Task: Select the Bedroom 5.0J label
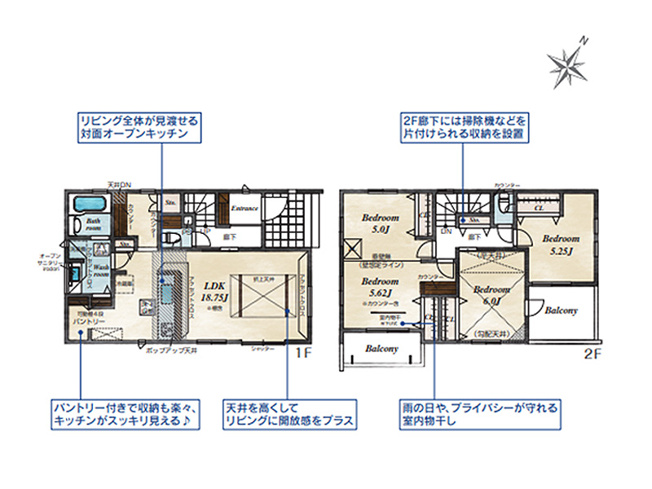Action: [x=380, y=223]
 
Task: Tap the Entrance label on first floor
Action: [x=245, y=208]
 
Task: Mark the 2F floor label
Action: [x=591, y=353]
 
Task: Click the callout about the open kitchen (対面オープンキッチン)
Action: [x=141, y=125]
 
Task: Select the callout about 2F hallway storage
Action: [x=464, y=125]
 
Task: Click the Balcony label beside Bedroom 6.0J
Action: [x=562, y=311]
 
